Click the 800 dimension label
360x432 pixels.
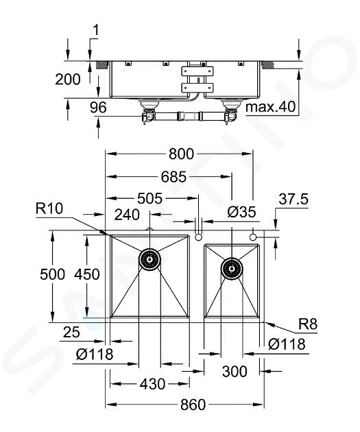[181, 154]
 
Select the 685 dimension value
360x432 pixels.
[173, 176]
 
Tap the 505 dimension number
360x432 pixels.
[150, 198]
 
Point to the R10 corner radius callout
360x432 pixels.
[49, 208]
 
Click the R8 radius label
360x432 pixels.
[308, 324]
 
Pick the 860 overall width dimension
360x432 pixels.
[193, 405]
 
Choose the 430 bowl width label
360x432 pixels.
[152, 384]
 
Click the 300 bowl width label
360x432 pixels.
[235, 372]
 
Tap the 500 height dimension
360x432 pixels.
[52, 274]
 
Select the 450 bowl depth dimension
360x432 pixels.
[87, 274]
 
